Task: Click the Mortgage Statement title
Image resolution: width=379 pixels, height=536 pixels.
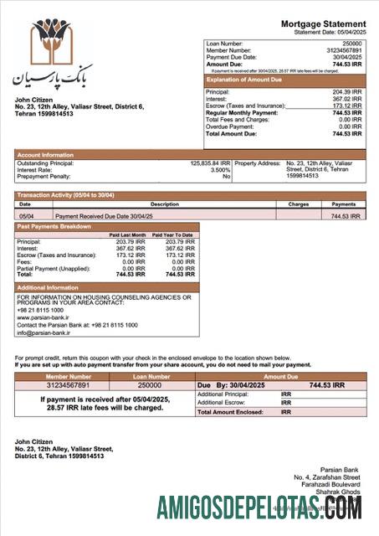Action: coord(323,23)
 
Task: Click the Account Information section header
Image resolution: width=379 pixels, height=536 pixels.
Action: coord(46,155)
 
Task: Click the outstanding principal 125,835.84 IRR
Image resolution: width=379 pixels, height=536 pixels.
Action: coord(210,163)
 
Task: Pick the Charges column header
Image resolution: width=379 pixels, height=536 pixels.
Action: coord(299,204)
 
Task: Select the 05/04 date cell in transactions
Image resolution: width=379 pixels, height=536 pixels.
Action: coord(25,216)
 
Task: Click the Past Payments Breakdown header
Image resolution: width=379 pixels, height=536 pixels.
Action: coord(54,227)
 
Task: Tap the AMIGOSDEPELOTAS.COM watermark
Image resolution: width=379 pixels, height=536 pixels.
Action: coord(259,508)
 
